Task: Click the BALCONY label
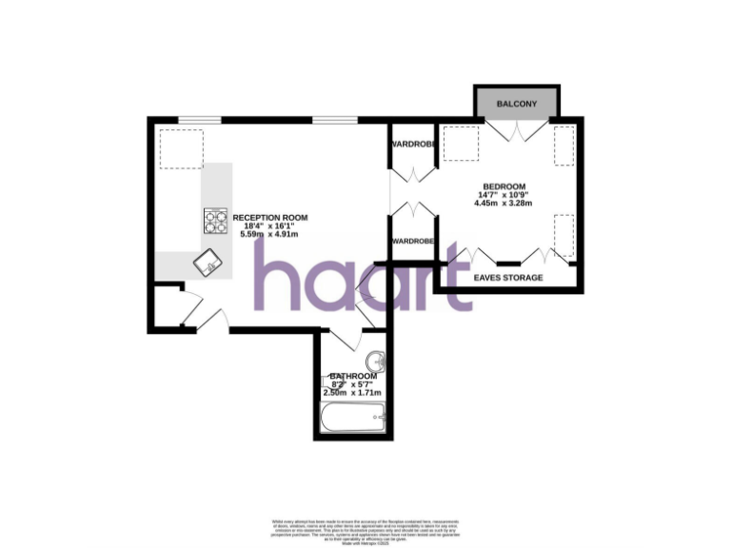(x=517, y=104)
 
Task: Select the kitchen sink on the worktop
(x=206, y=263)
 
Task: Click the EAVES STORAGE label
(x=508, y=278)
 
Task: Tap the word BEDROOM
(x=504, y=186)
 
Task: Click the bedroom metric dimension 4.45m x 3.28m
(x=504, y=204)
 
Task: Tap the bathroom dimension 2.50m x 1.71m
(x=352, y=392)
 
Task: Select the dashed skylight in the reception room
(x=180, y=148)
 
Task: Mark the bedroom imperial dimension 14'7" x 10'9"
(x=504, y=195)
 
